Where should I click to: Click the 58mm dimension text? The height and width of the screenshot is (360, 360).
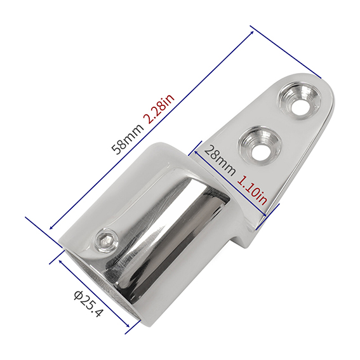128,139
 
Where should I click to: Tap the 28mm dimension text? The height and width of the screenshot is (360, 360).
219,161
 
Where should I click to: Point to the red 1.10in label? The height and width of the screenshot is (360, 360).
252,190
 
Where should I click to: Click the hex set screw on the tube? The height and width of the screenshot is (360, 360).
106,240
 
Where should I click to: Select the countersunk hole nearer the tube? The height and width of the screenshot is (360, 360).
260,145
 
